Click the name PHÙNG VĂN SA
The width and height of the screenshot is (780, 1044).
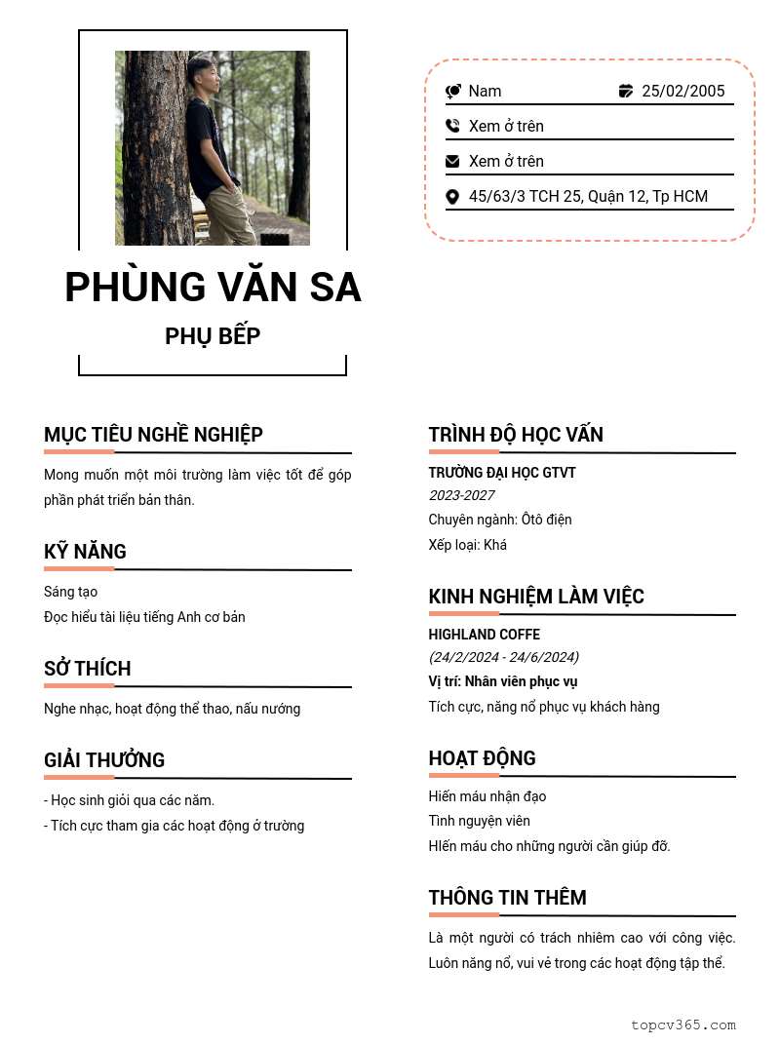[213, 288]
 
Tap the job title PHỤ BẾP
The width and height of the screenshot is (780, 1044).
[213, 336]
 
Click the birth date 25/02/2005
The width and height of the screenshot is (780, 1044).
[682, 91]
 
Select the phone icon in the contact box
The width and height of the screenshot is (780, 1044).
[452, 126]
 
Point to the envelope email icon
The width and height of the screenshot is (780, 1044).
[452, 161]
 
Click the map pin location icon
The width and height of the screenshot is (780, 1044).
[452, 197]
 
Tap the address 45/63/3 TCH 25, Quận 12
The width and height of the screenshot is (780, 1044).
[588, 196]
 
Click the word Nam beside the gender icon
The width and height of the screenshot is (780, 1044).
[485, 91]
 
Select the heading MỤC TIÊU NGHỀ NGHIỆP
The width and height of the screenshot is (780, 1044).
[153, 435]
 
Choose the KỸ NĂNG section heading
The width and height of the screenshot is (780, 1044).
[85, 552]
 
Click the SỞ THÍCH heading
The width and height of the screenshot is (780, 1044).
[87, 669]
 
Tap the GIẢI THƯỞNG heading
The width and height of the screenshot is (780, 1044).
[104, 760]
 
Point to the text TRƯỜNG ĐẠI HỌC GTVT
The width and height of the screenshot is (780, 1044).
[502, 473]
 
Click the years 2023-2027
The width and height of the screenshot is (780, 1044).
[461, 495]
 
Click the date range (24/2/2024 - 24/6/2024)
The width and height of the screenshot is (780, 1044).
[503, 657]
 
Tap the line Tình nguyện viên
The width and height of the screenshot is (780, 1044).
[479, 821]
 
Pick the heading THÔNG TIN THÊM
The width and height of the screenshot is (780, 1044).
[507, 898]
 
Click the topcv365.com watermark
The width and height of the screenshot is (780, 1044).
[682, 1025]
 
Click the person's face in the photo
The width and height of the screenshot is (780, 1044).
[205, 74]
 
